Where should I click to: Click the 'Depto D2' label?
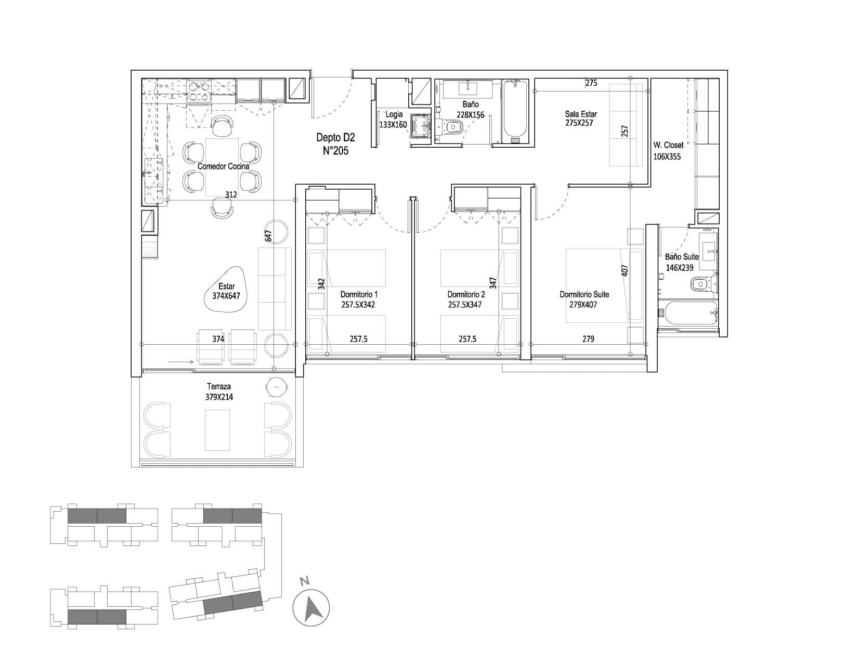[335, 137]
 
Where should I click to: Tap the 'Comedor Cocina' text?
[224, 166]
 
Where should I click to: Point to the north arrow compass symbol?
[311, 608]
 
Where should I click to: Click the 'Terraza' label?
[219, 386]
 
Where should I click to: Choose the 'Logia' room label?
[394, 114]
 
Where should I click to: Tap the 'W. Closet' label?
[668, 145]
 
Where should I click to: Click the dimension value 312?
[231, 194]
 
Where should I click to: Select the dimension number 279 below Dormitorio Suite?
[588, 339]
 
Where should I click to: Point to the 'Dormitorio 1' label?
[359, 294]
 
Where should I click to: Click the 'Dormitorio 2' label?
[466, 294]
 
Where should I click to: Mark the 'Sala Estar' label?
[581, 114]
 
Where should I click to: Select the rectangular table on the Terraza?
[217, 430]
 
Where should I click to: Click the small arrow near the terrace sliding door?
[180, 361]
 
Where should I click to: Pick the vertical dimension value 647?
[268, 236]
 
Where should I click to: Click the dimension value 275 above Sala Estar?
[591, 83]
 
